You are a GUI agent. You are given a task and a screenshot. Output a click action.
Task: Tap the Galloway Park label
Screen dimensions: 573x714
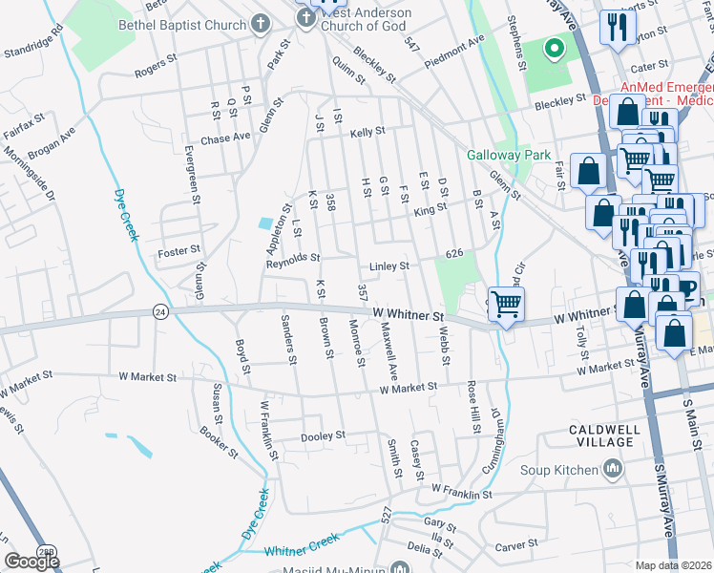pos(496,155)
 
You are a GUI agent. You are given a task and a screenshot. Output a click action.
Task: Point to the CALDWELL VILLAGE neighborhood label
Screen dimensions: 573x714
pos(603,435)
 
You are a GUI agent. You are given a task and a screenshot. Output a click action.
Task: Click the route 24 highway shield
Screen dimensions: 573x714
pos(160,311)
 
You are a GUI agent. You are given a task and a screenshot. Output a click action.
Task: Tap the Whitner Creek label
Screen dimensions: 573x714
pos(302,551)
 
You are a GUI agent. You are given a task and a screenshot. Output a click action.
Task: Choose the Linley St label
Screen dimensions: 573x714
pos(389,265)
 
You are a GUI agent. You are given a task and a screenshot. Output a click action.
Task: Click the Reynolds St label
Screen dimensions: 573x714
pos(293,258)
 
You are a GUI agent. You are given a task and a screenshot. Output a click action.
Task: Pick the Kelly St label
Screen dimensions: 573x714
pos(367,133)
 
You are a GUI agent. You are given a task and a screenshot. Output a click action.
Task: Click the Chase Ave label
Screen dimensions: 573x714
pos(225,138)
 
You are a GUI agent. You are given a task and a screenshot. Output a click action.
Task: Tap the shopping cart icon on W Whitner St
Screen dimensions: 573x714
pos(506,305)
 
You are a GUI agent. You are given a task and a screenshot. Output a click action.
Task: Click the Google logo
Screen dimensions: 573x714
pos(31,561)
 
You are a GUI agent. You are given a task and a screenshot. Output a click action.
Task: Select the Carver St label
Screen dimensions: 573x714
pos(518,547)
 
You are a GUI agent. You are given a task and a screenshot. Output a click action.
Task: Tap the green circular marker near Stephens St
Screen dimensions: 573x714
pos(552,48)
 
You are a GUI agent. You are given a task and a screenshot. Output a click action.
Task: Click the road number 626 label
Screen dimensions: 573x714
pos(453,253)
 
